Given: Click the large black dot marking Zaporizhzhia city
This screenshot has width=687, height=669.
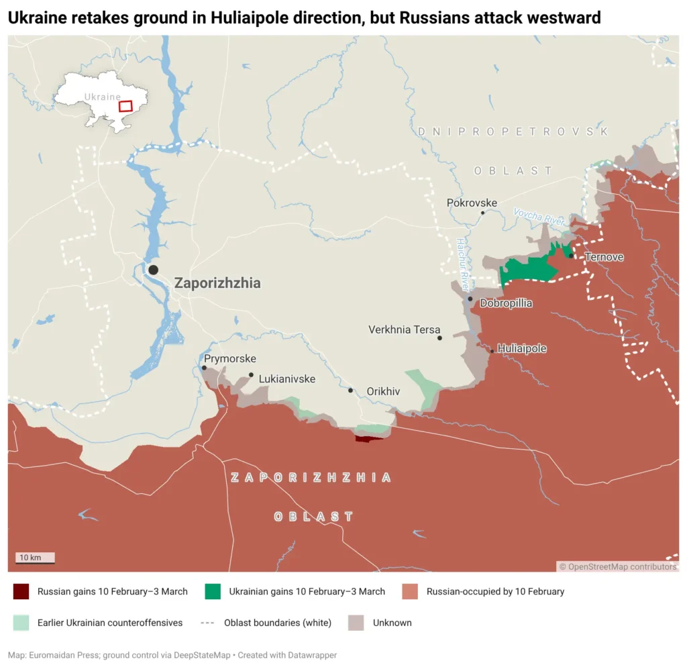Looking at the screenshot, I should pyautogui.click(x=153, y=270).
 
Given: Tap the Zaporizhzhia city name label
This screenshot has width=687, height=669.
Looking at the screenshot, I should pyautogui.click(x=217, y=283).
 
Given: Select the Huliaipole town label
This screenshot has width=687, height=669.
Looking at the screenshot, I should pyautogui.click(x=522, y=349).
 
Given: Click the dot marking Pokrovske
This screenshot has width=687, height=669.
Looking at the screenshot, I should pyautogui.click(x=482, y=213).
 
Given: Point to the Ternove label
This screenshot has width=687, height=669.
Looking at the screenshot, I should pyautogui.click(x=604, y=257).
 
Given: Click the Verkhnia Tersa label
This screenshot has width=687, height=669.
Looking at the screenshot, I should pyautogui.click(x=404, y=329).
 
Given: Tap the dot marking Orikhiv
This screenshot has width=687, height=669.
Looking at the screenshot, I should pyautogui.click(x=351, y=390).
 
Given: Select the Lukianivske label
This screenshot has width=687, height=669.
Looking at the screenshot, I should pyautogui.click(x=286, y=379).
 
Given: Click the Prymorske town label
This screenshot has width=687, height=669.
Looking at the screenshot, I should pyautogui.click(x=229, y=359).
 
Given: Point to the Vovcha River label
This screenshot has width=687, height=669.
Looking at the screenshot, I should pyautogui.click(x=539, y=216).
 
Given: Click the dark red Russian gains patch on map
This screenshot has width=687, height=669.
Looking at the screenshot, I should pyautogui.click(x=368, y=439).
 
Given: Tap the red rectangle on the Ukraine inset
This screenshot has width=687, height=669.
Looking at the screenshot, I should pyautogui.click(x=125, y=106).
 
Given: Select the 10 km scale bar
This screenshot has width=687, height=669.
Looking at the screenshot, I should pyautogui.click(x=36, y=558).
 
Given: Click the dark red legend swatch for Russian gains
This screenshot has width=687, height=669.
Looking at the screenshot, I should pyautogui.click(x=21, y=591).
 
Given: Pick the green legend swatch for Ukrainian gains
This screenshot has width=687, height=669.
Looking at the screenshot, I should pyautogui.click(x=213, y=591).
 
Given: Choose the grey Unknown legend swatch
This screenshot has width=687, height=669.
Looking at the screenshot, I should pyautogui.click(x=356, y=623).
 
